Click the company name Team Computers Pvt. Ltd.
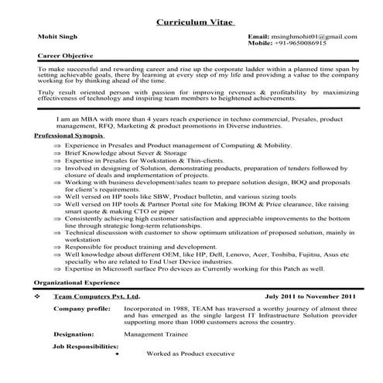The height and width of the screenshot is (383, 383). coord(96,296)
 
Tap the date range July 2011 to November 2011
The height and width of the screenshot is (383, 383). coord(310,296)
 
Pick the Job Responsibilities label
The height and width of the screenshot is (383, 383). coord(85,346)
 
